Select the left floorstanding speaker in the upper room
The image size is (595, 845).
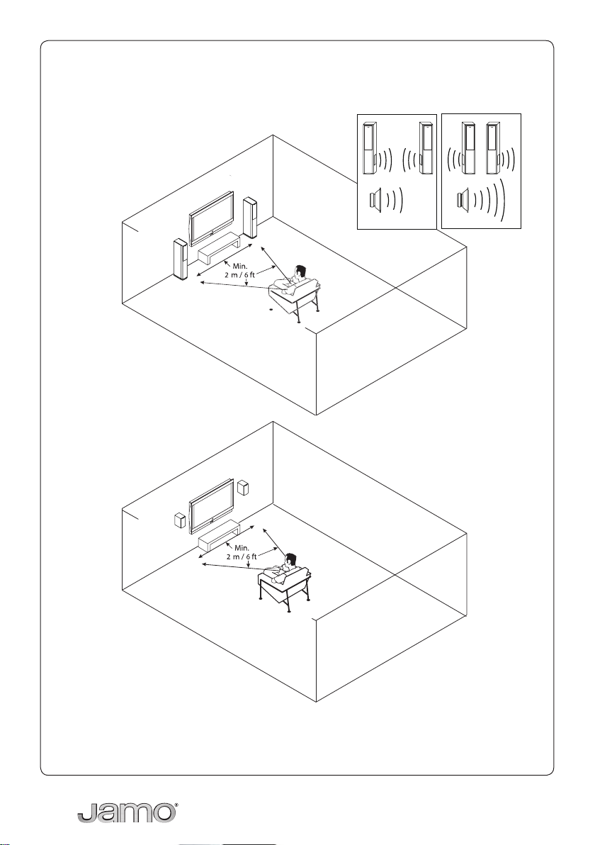pos(181,259)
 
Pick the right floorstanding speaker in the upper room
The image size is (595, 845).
pos(250,218)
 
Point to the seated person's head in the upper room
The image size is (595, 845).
pos(300,273)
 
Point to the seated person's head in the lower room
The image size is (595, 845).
pos(290,560)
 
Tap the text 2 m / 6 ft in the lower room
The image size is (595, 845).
pos(242,556)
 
